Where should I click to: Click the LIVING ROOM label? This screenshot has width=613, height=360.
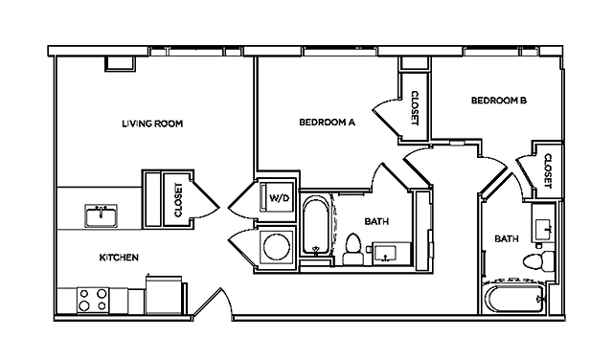(x=152, y=124)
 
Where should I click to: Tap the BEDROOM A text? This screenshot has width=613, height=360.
(x=328, y=123)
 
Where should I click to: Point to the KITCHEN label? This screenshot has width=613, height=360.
(x=120, y=258)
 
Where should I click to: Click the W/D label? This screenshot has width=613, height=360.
(x=279, y=198)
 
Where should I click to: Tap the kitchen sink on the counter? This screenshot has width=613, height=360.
(x=101, y=215)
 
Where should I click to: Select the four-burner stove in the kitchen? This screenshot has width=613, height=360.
(x=91, y=301)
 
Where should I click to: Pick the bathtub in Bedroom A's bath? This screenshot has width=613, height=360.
(x=316, y=227)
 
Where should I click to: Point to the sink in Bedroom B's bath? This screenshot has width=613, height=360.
(x=543, y=227)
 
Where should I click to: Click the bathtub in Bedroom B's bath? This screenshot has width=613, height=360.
(x=515, y=300)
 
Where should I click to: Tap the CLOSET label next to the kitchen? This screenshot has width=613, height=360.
(x=179, y=201)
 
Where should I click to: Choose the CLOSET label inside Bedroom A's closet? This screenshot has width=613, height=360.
(x=414, y=108)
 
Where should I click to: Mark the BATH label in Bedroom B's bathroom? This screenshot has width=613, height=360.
(x=506, y=238)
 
